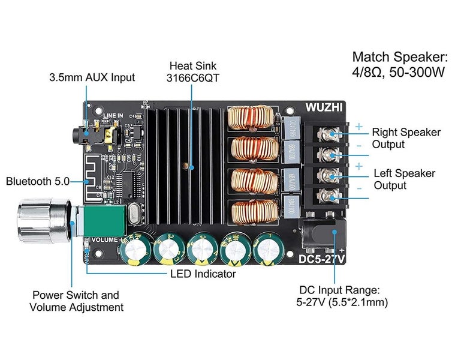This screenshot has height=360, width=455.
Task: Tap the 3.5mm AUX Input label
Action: [x=92, y=77]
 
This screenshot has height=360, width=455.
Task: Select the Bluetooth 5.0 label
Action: [x=38, y=181]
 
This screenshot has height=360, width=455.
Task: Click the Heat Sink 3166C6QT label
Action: [x=192, y=71]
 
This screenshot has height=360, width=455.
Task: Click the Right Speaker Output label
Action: [x=406, y=138]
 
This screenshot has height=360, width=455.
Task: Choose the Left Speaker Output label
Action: [x=404, y=179]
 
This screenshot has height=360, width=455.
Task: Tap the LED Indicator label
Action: [x=203, y=274]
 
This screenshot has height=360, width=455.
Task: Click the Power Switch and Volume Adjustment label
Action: [x=76, y=301]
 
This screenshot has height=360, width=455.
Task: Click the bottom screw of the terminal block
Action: [x=327, y=195]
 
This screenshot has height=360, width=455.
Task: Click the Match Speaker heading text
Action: [x=400, y=58]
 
